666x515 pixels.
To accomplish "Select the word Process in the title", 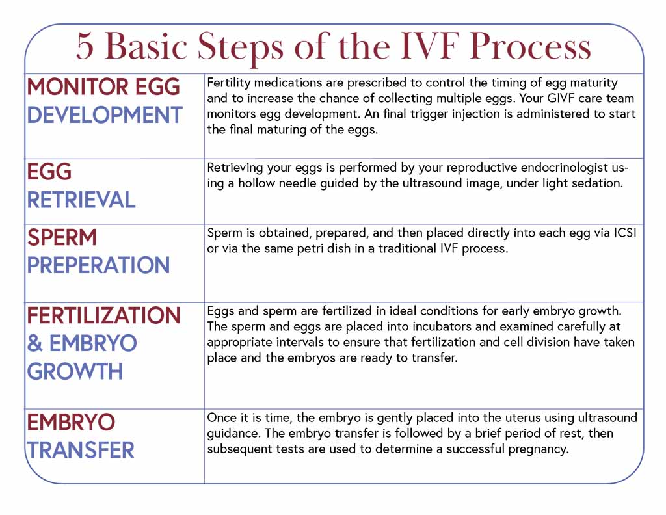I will pos(530,47).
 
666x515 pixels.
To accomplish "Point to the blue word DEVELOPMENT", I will pos(105,115).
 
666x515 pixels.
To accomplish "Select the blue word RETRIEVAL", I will pos(81,200).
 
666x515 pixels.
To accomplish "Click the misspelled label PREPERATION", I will pos(98,265).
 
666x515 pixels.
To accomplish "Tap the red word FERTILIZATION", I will pos(104,315).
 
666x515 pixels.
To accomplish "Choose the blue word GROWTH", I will pos(75,371).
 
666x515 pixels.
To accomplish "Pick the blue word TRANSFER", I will pos(81,450).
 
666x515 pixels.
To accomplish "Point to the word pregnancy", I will pos(539,449).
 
